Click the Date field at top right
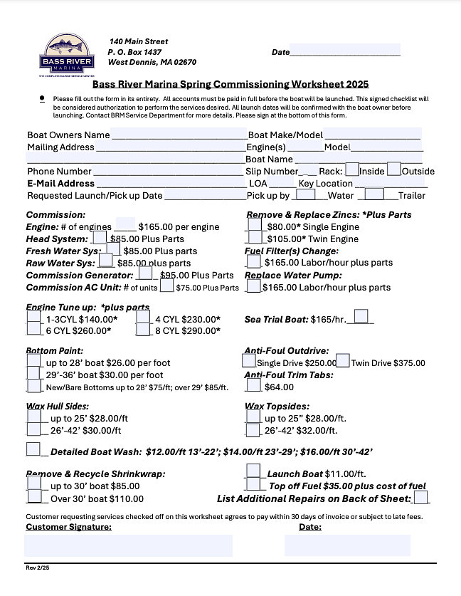tap(345, 51)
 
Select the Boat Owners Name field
tap(178, 134)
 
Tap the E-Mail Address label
tap(60, 183)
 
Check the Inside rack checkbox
tap(351, 170)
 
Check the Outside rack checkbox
tap(394, 170)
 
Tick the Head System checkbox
tap(100, 238)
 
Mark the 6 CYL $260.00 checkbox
tap(33, 330)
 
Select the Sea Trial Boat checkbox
tap(361, 316)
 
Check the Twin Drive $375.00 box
tap(343, 361)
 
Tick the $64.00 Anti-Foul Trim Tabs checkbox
tap(253, 385)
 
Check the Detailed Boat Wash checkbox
tap(33, 449)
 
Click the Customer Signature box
tap(128, 545)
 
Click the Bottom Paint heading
tap(55, 351)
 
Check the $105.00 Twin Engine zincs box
tap(253, 238)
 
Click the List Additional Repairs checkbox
tap(420, 497)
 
